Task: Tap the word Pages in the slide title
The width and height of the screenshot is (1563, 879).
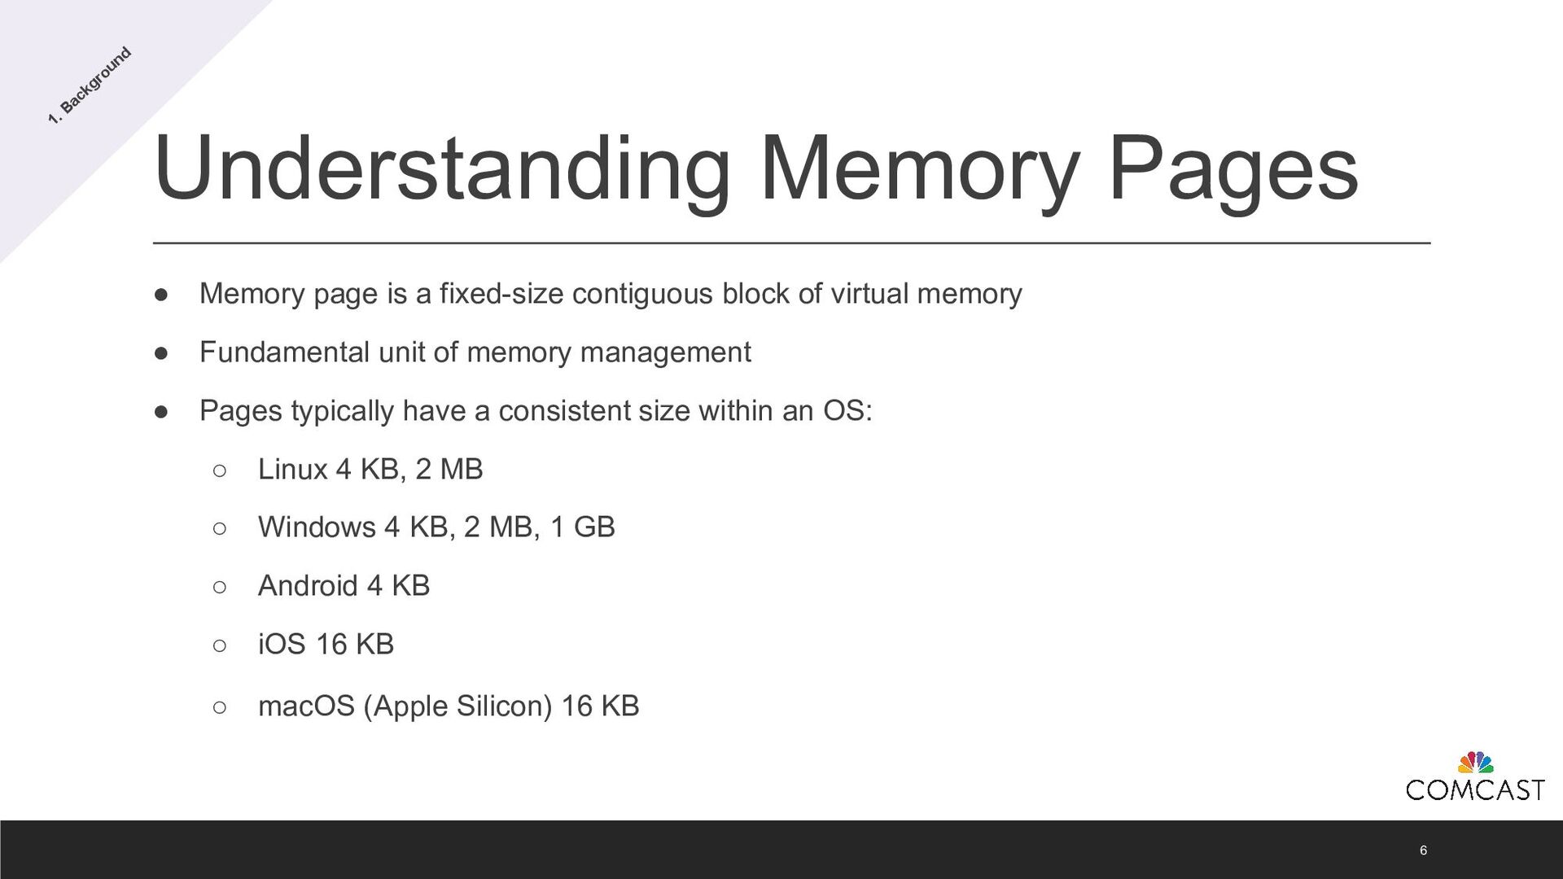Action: tap(1232, 168)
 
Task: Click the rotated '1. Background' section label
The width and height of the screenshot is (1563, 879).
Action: tap(90, 86)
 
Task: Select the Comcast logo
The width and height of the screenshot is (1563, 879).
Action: tap(1474, 778)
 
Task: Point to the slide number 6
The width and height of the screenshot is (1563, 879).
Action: tap(1423, 851)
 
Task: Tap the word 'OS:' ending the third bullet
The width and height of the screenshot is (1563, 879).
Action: tap(847, 411)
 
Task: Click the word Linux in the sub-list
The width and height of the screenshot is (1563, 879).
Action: tap(292, 470)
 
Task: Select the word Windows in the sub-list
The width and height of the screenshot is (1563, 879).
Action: tap(317, 527)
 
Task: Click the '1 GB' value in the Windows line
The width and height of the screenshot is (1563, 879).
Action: tap(582, 527)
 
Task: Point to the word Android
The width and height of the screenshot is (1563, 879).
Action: tap(308, 586)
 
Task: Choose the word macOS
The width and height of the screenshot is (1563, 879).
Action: tap(306, 706)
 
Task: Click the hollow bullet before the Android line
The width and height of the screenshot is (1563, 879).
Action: tap(219, 587)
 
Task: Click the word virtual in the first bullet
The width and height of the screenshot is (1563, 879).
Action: tap(869, 294)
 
